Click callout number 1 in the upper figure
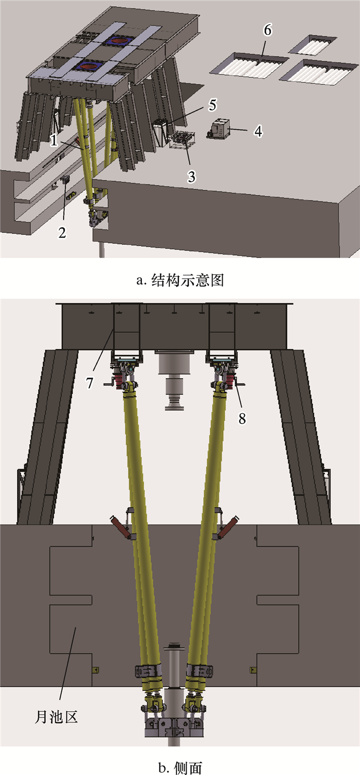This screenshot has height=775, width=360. (53, 140)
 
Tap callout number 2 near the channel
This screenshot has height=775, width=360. (62, 232)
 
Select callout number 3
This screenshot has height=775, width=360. (191, 176)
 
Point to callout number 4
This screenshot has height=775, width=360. (258, 132)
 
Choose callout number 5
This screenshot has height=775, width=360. (212, 105)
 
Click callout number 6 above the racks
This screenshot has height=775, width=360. (267, 30)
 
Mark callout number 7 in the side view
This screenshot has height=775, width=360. (89, 383)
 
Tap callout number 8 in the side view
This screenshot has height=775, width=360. (242, 419)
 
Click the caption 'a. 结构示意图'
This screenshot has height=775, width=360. (180, 280)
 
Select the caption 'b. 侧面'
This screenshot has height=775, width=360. (180, 767)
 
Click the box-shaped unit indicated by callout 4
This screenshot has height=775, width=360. (219, 129)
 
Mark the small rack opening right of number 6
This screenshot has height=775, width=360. (313, 45)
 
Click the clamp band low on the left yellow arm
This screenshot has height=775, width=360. (148, 671)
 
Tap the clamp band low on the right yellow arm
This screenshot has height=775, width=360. (200, 671)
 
